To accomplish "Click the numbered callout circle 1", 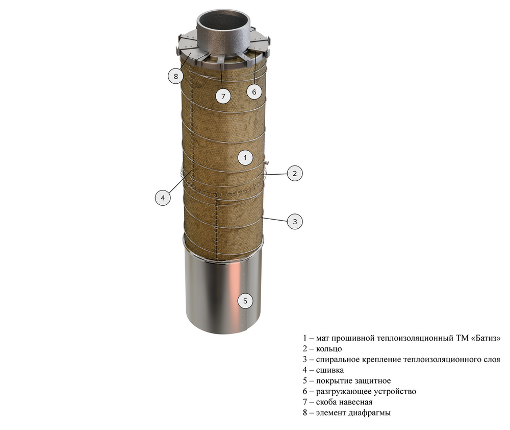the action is [x=245, y=158].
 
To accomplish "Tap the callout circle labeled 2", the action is [x=295, y=173].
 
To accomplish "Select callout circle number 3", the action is [x=295, y=222].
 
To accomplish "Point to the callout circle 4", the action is [x=163, y=198].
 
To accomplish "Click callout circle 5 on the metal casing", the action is [x=245, y=301].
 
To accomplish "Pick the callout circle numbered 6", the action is [x=254, y=92].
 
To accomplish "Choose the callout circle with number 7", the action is [x=223, y=96].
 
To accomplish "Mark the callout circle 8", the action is [x=176, y=76].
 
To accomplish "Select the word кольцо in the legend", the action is [x=329, y=349].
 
